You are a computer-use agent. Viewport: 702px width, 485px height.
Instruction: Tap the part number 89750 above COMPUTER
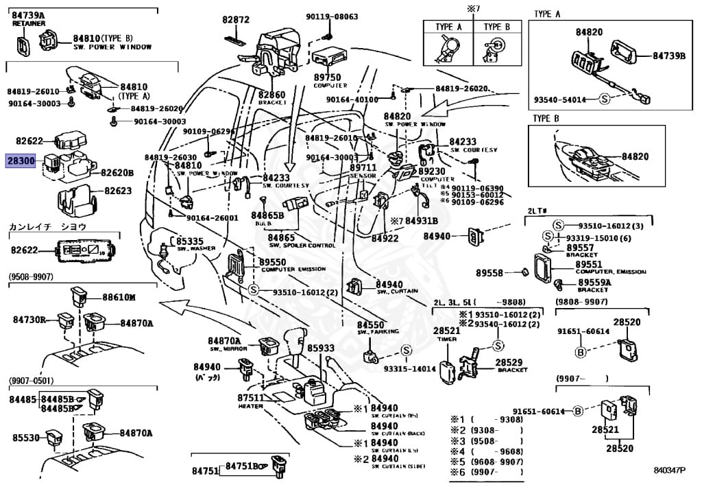click(326, 78)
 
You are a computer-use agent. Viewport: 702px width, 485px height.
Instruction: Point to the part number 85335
click(190, 241)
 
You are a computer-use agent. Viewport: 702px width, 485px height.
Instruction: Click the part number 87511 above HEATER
click(250, 398)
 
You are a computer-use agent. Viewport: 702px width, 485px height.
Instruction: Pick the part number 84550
click(371, 324)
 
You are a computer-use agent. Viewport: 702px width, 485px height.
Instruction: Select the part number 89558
click(490, 272)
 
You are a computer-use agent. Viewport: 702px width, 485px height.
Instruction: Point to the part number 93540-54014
click(560, 99)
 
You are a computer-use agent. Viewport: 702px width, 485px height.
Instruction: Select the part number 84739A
click(28, 15)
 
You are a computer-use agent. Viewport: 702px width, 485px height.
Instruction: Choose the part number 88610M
click(119, 297)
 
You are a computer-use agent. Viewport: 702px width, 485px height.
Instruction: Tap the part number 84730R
click(29, 320)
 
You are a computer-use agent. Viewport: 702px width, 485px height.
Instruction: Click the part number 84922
click(385, 239)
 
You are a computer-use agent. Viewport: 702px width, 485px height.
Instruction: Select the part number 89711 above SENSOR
click(363, 167)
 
